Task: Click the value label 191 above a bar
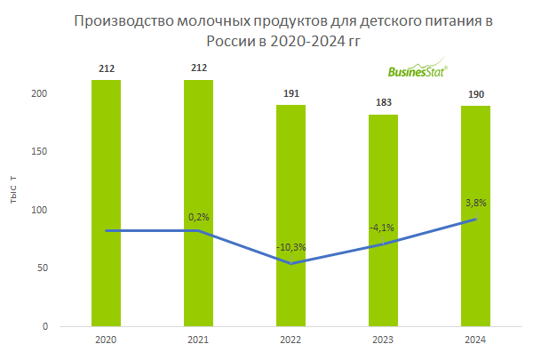click(x=290, y=93)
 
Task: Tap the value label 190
click(x=475, y=94)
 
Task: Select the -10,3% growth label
click(x=290, y=246)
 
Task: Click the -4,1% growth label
click(x=382, y=228)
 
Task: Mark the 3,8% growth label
click(x=475, y=203)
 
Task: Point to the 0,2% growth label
click(x=198, y=216)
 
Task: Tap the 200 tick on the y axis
click(x=40, y=94)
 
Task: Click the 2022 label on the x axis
click(x=290, y=340)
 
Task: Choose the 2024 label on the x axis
click(x=475, y=340)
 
